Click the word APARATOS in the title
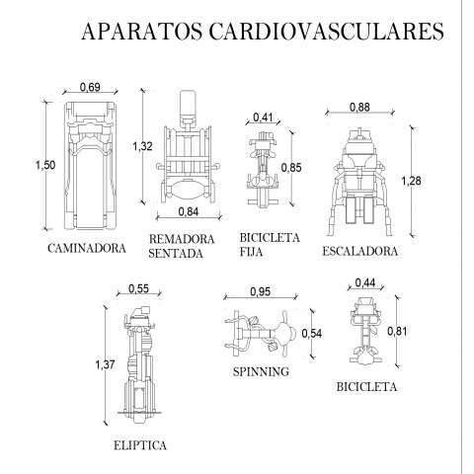pos(142,32)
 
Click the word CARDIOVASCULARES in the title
pos(327,32)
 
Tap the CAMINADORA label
pos(87,248)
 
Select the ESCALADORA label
pos(360,251)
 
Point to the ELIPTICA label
pos(140,445)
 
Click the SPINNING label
pos(261,372)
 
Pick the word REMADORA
pos(182,239)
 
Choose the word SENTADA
pos(176,254)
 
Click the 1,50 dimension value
pos(45,165)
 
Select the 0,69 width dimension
pos(90,87)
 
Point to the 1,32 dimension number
pos(142,146)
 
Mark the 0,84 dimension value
pos(189,211)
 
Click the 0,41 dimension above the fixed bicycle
pos(263,117)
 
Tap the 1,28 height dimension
pos(411,181)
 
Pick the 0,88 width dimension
pos(359,107)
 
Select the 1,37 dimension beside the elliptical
pos(105,364)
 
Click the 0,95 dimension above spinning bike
pos(261,291)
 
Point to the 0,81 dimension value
pos(397,331)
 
